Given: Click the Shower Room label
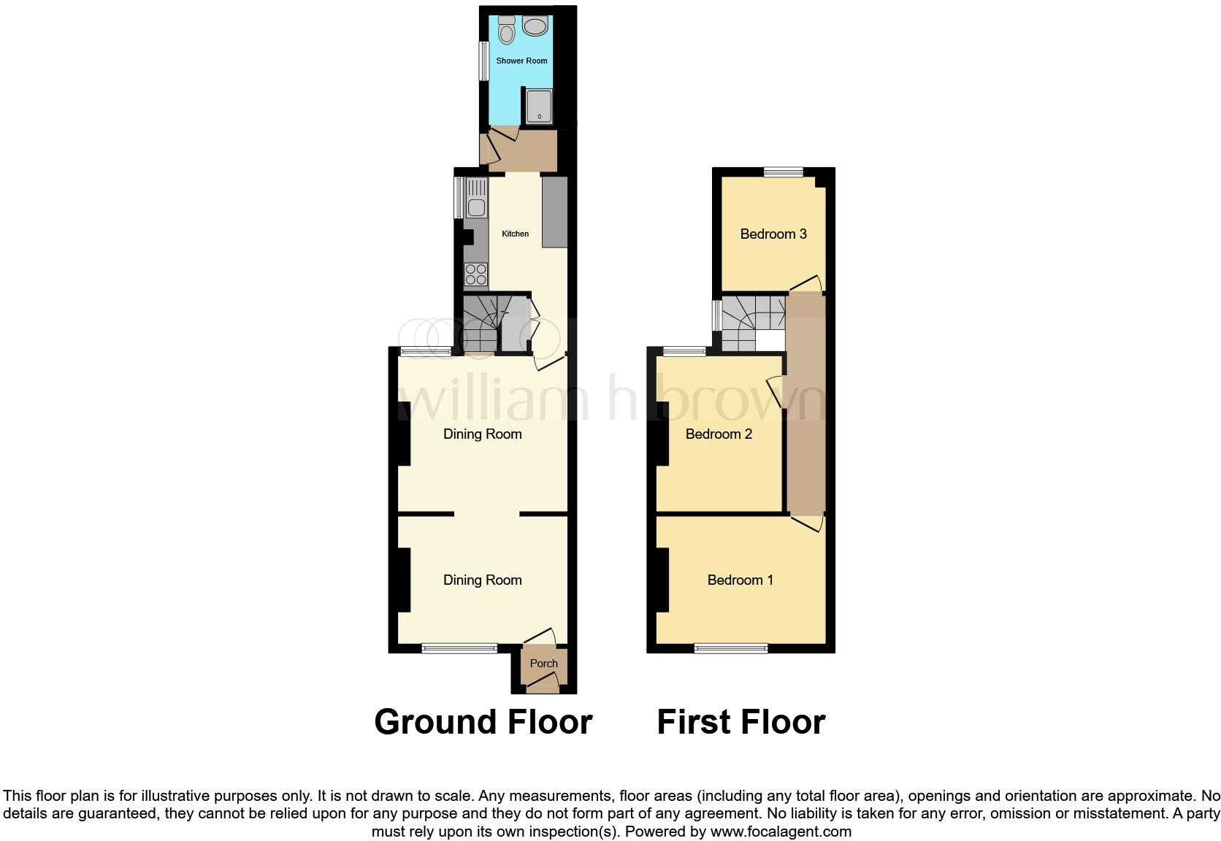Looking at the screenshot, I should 521,61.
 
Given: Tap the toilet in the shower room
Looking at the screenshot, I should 506,30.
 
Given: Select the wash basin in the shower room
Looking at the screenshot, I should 535,27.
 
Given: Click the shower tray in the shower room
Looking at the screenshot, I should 539,107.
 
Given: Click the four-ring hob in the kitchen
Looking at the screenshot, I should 476,274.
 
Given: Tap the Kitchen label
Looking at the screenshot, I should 515,234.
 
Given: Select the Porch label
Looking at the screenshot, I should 543,664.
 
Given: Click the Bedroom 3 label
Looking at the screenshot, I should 773,234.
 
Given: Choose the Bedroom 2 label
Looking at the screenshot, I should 719,434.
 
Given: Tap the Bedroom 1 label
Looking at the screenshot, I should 740,580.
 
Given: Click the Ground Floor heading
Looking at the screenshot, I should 483,722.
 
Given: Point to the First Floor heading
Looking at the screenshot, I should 740,722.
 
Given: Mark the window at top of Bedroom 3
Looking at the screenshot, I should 784,172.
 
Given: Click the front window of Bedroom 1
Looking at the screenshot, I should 731,648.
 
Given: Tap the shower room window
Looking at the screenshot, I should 483,61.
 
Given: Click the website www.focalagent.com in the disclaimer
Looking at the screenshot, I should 781,832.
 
